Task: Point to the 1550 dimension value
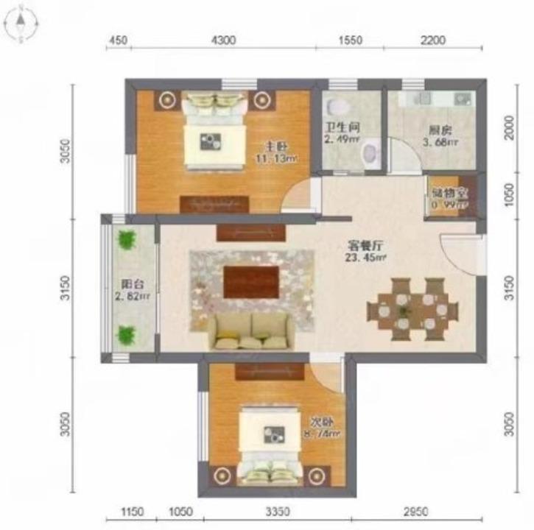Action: point(351,41)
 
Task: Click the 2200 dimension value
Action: point(433,41)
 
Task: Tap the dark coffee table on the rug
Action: point(251,282)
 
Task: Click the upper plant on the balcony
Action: point(127,240)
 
